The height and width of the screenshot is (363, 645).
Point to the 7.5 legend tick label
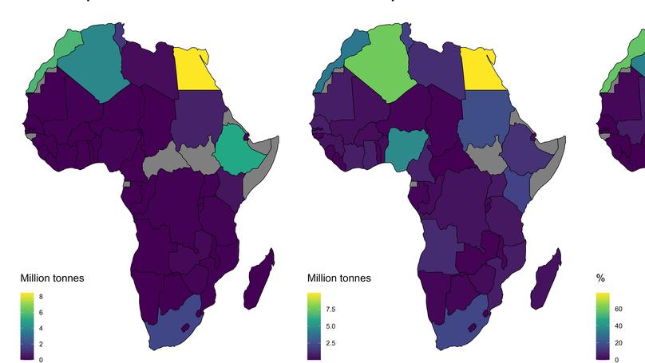pos(331,309)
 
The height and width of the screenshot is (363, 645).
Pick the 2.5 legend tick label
pos(331,344)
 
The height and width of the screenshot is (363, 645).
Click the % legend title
pos(600,278)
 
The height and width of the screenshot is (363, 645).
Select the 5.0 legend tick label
pos(331,326)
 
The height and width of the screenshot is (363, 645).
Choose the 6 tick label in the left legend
pos(41,313)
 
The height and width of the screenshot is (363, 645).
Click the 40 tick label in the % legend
pos(618,326)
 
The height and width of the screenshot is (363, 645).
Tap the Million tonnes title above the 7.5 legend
pos(338,278)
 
